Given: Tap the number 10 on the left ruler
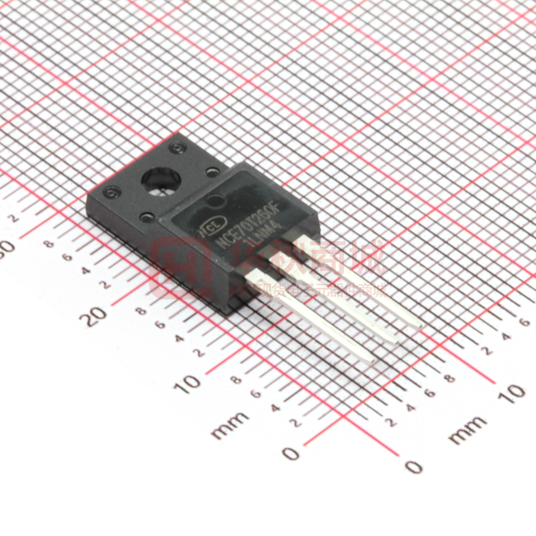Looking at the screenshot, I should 190,383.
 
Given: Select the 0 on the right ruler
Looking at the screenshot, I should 413,466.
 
